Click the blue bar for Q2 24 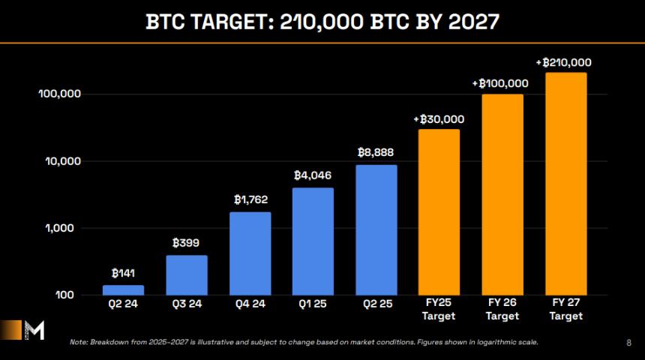tap(123, 290)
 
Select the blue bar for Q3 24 tap(187, 275)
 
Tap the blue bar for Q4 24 tap(250, 253)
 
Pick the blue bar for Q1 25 tap(313, 241)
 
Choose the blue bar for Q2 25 tap(376, 229)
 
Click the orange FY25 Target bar tap(439, 212)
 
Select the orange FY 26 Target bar tap(502, 195)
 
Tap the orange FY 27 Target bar tap(565, 184)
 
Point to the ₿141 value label tap(123, 274)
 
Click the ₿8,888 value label tap(376, 152)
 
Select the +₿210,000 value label tap(564, 62)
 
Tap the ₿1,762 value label tap(250, 199)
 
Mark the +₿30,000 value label tap(439, 118)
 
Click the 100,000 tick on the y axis tap(58, 94)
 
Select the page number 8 tap(628, 343)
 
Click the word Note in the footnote tap(79, 343)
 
